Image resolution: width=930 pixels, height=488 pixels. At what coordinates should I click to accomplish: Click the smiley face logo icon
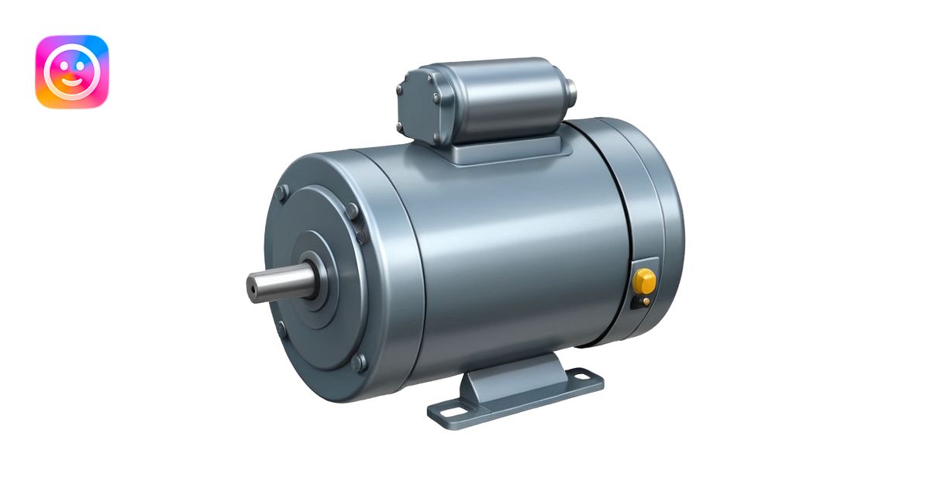(x=71, y=71)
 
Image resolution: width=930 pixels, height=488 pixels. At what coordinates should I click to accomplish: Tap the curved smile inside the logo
(x=71, y=81)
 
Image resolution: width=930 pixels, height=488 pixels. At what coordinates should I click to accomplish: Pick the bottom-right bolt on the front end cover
(x=358, y=363)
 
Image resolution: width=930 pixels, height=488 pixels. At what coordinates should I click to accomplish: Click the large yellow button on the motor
(x=644, y=280)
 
